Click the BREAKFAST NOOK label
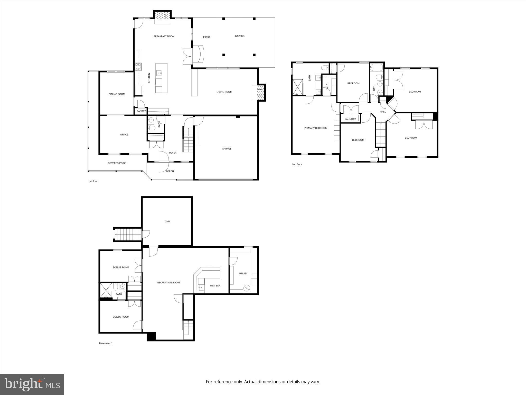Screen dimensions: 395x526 164,37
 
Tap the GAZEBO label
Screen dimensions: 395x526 240,36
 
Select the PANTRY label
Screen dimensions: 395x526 141,111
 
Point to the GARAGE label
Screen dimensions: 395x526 227,149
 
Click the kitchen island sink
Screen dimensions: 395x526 160,73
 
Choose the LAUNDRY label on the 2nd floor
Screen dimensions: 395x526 350,119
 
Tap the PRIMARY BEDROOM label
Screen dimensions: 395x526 316,128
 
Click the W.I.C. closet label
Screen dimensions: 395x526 327,86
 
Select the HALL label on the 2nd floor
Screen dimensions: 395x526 383,112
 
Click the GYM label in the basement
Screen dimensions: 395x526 167,221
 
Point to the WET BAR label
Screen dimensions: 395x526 215,286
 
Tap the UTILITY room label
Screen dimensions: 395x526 243,273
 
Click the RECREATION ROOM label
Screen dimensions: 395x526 168,283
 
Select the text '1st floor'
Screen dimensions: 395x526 93,181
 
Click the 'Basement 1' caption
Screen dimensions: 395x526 106,343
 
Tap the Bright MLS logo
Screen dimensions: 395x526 32,384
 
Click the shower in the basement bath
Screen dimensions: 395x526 106,291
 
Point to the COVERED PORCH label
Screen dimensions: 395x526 117,163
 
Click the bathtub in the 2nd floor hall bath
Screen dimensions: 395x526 377,68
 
